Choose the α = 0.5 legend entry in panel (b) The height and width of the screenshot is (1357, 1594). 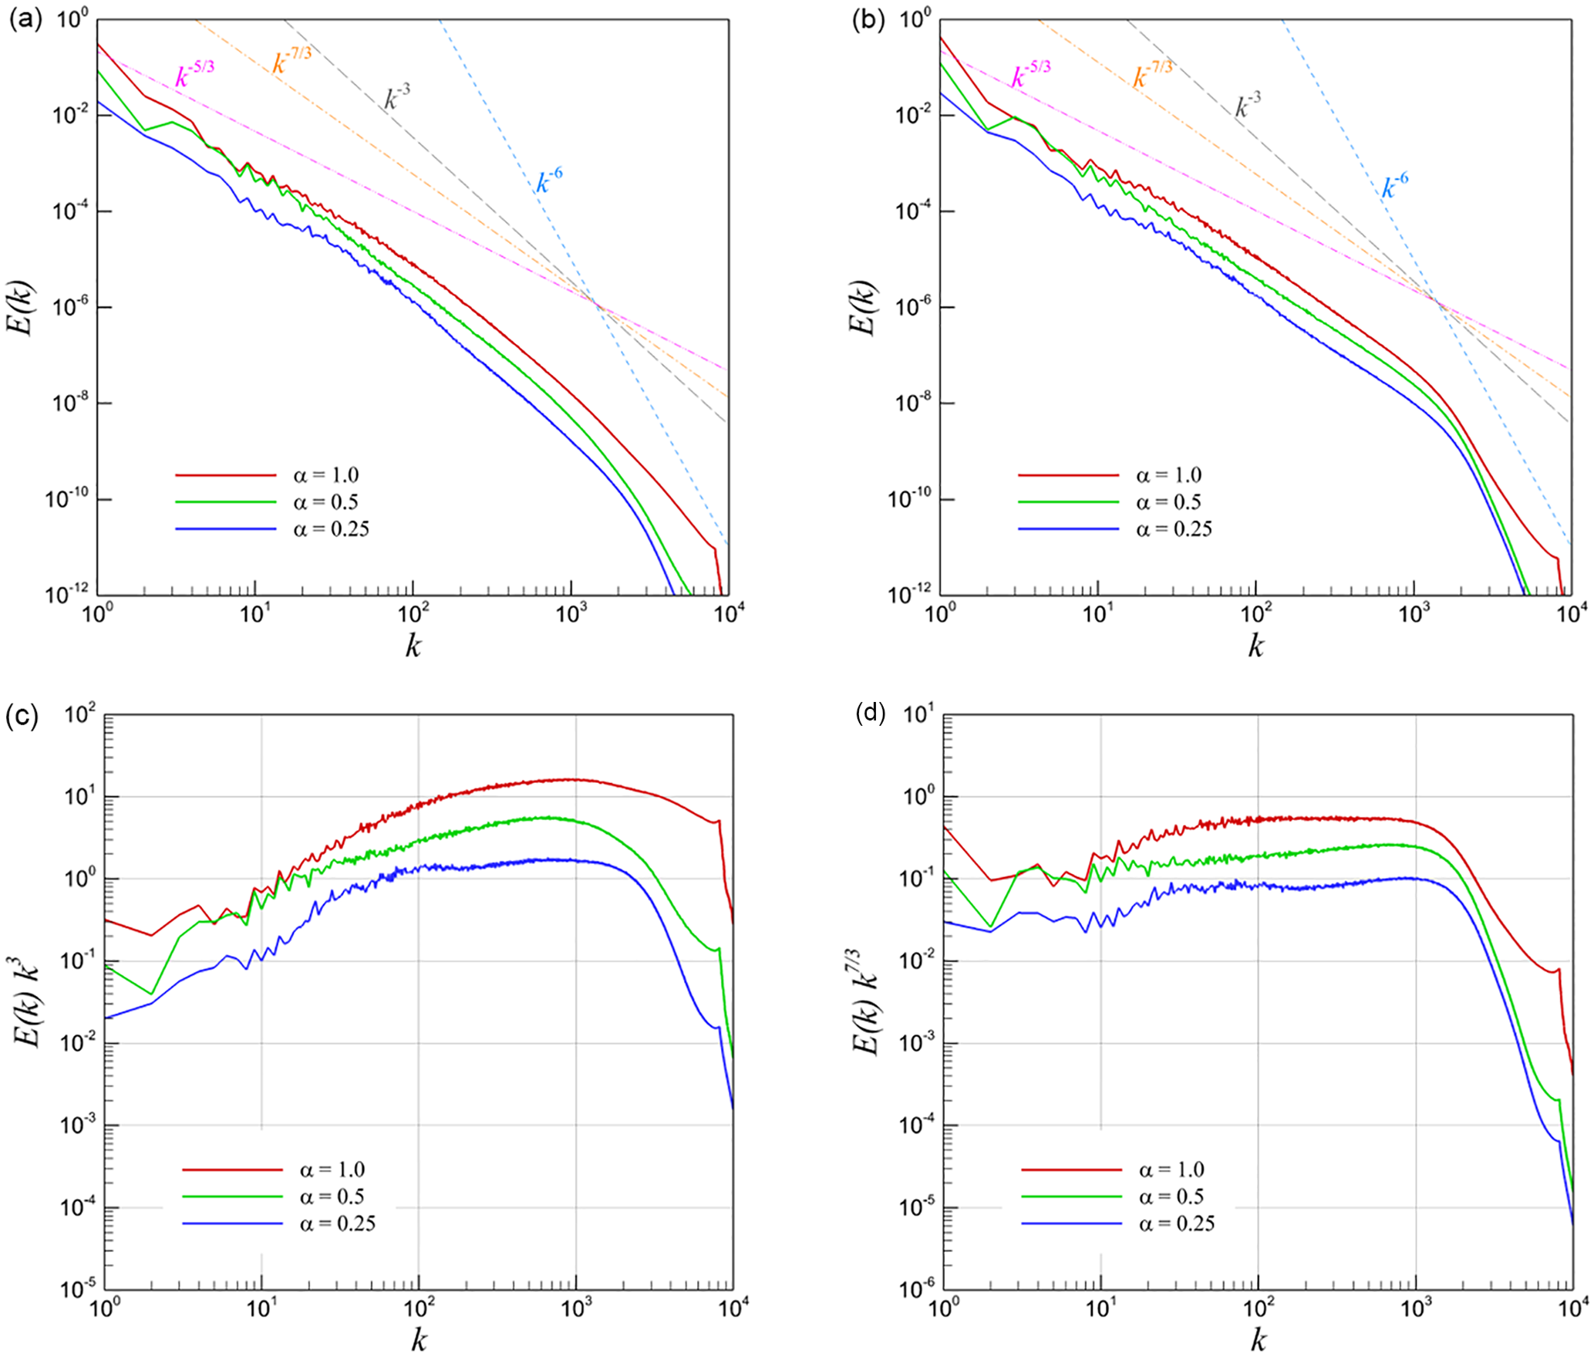1168,502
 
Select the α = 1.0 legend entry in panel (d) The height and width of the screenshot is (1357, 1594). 1171,1170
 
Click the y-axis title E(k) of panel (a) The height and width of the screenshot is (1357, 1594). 21,307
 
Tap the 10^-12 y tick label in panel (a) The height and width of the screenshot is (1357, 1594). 68,594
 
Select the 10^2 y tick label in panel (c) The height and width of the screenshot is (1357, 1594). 80,714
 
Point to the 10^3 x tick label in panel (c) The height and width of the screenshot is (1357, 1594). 575,1307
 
